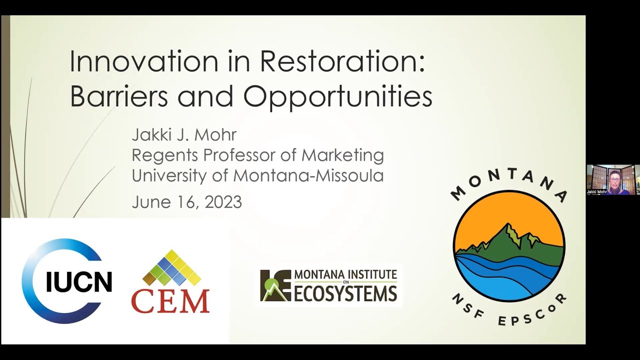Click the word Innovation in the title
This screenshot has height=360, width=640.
(144, 62)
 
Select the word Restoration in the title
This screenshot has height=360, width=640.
(342, 62)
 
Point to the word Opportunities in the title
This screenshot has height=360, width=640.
(337, 97)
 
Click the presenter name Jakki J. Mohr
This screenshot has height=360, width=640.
(183, 135)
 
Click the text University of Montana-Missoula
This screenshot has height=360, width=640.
(257, 175)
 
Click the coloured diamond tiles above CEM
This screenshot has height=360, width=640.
(171, 267)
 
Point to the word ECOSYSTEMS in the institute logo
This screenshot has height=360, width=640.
(344, 294)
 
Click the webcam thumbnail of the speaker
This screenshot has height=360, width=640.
(613, 179)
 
